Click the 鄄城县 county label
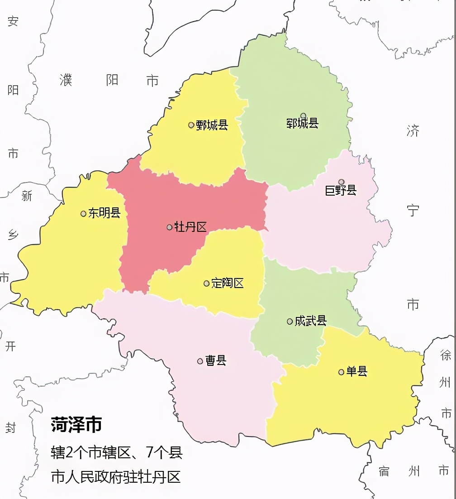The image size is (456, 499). pos(212,125)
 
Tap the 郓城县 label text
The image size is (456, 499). pos(303,123)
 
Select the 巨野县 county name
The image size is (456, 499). pos(341,191)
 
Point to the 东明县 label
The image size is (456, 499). pos(104,213)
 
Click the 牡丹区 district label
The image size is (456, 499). pos(190,227)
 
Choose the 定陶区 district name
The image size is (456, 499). pos(228,283)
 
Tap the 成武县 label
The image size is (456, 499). pos(311,321)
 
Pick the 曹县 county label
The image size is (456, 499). pos(216,361)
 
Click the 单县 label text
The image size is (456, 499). pos(357,372)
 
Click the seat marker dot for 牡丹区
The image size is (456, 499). pos(170,227)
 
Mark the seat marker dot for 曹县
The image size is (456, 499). pos(200,361)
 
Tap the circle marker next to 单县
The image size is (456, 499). pos(342,372)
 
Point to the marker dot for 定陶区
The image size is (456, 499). pos(207,283)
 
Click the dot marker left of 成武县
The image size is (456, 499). pos(290,321)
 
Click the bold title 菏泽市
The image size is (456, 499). pos(76,425)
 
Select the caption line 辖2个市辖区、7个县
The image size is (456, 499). pos(117,452)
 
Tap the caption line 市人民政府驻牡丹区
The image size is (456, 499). pos(116,477)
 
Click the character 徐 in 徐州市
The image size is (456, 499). pos(446,355)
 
